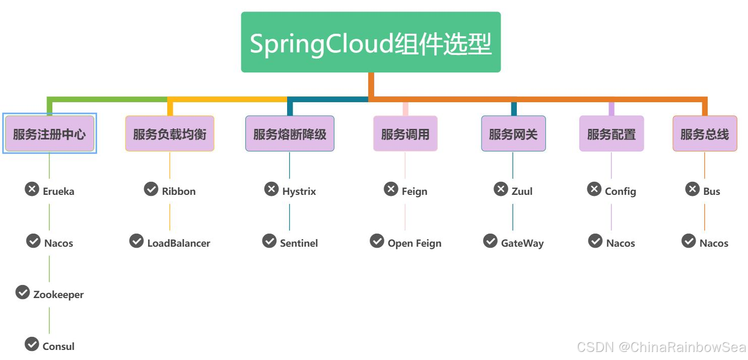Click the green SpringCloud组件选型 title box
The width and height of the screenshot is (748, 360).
tap(371, 42)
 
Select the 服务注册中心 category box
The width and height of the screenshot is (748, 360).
tap(49, 133)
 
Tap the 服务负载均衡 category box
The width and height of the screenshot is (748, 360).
tap(170, 133)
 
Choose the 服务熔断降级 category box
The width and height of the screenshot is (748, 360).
tap(290, 133)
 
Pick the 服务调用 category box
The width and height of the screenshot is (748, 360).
tap(405, 133)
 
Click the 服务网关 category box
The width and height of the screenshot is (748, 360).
tap(514, 133)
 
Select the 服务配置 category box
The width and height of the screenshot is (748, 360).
tap(611, 133)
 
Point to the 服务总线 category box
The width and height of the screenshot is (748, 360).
tap(705, 133)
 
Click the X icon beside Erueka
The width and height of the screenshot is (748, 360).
tap(32, 189)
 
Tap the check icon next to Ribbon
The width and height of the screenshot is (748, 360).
tap(151, 189)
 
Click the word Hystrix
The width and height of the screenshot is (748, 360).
tap(299, 191)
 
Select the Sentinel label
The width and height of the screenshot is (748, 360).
tap(299, 243)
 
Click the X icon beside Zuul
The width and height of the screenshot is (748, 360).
tap(501, 189)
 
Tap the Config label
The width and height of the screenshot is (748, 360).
tap(621, 191)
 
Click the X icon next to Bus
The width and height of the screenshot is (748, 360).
tap(693, 189)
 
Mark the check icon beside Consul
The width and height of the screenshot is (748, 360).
tap(32, 344)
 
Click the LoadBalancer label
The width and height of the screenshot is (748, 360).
tap(179, 243)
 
